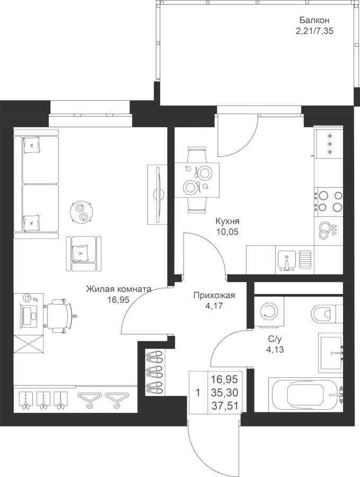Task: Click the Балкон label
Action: click(x=314, y=20)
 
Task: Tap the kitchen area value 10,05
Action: click(x=227, y=232)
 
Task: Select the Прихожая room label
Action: click(x=214, y=295)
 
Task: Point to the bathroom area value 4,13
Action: click(x=275, y=350)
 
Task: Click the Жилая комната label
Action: click(x=119, y=289)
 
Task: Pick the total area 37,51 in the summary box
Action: click(x=224, y=405)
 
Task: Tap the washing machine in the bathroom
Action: click(x=269, y=312)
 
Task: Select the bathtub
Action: click(x=306, y=394)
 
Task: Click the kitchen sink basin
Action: click(x=286, y=260)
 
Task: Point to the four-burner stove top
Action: click(x=329, y=201)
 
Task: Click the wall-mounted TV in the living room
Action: click(x=157, y=195)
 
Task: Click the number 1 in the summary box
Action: click(x=198, y=393)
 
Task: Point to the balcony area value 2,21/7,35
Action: click(x=314, y=31)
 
